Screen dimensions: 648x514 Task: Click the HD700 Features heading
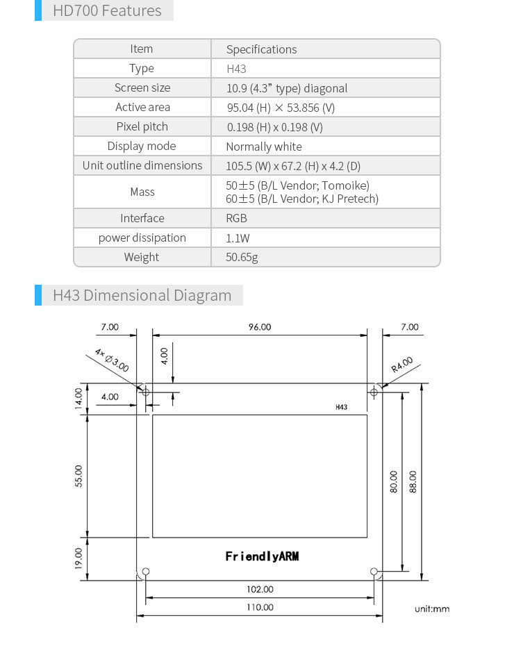(x=107, y=11)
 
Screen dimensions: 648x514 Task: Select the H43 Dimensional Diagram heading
(x=142, y=295)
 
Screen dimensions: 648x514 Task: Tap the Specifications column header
(x=261, y=49)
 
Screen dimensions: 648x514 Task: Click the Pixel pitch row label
(x=142, y=126)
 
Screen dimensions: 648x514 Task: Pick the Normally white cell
(x=264, y=147)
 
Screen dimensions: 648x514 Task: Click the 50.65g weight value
(x=242, y=257)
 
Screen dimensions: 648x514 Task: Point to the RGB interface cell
(x=236, y=218)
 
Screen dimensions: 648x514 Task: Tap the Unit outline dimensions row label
(x=142, y=165)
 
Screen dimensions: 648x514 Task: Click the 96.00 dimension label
(x=260, y=327)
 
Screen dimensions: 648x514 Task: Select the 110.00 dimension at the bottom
(x=260, y=607)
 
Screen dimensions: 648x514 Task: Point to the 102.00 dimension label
(x=260, y=589)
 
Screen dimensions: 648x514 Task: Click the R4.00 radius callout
(x=401, y=365)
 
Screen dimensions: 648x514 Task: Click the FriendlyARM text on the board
(x=262, y=556)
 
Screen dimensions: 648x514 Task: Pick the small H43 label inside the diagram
(x=340, y=408)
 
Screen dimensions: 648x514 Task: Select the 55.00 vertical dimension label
(x=78, y=476)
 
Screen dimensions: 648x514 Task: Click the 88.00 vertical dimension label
(x=413, y=481)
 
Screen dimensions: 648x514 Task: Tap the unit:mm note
(x=432, y=609)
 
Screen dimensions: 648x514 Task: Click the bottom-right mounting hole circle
(x=374, y=572)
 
